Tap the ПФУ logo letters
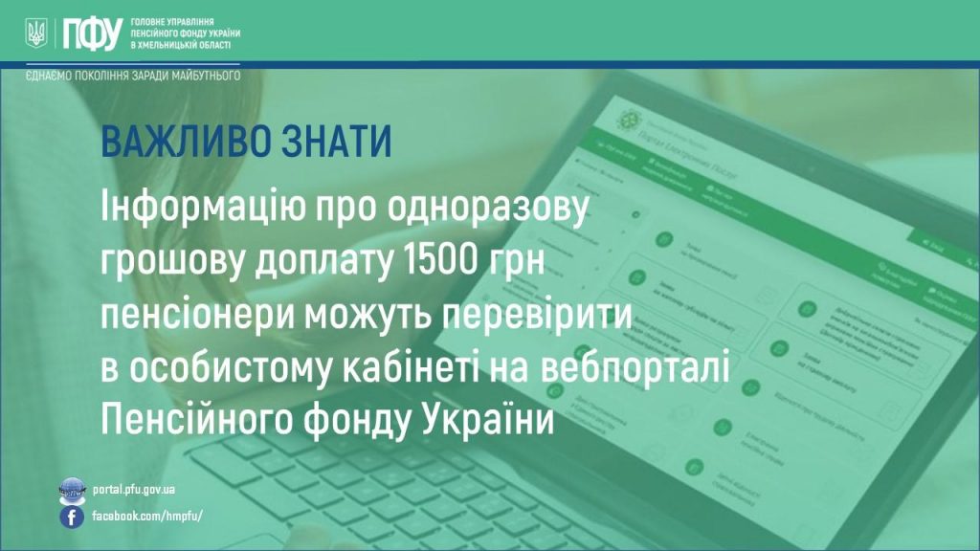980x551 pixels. pyautogui.click(x=90, y=33)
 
